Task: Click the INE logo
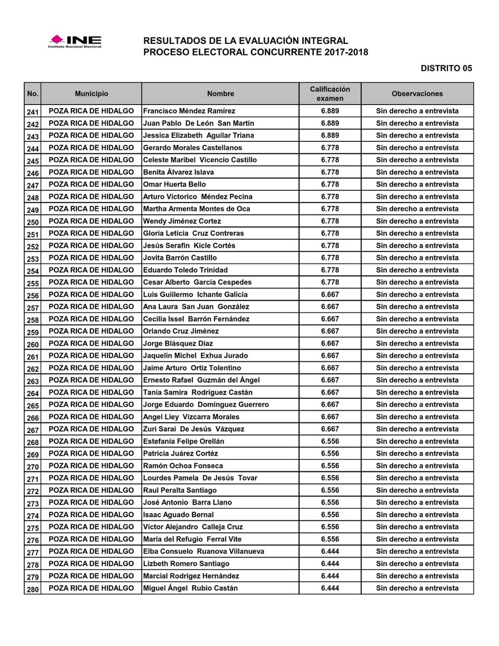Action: pyautogui.click(x=75, y=41)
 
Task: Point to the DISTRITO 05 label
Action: pyautogui.click(x=446, y=68)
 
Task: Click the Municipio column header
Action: pyautogui.click(x=91, y=94)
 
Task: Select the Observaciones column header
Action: pyautogui.click(x=417, y=94)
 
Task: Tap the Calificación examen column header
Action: pyautogui.click(x=330, y=94)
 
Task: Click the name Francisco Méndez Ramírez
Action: pyautogui.click(x=189, y=111)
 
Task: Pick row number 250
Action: pyautogui.click(x=33, y=222)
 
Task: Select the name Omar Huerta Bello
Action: pyautogui.click(x=175, y=185)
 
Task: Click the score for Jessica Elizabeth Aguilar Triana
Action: pyautogui.click(x=330, y=135)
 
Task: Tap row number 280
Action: pyautogui.click(x=33, y=588)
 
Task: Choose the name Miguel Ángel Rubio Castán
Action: pyautogui.click(x=190, y=588)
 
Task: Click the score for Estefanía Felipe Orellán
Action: pyautogui.click(x=330, y=442)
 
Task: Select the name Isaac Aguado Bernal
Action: pyautogui.click(x=179, y=515)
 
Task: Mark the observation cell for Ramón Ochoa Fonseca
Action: pyautogui.click(x=417, y=466)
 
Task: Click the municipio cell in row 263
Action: pyautogui.click(x=91, y=381)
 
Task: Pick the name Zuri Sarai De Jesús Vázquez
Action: pyautogui.click(x=194, y=429)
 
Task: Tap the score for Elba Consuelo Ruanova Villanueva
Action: pyautogui.click(x=330, y=552)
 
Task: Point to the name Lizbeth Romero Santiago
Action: pyautogui.click(x=186, y=564)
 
